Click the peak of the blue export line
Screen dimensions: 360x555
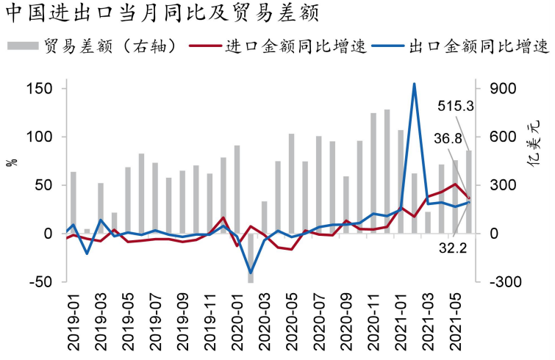415,84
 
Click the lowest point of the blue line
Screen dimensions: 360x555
250,273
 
